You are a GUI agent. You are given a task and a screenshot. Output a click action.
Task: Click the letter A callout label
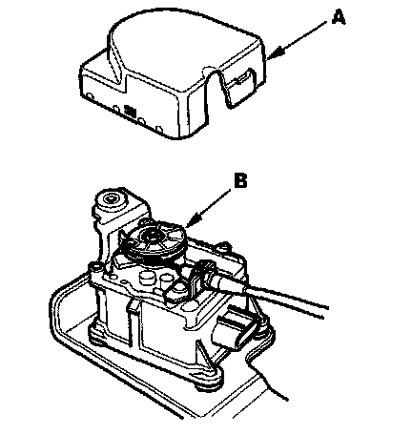click(338, 17)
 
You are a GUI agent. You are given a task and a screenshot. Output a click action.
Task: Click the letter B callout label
click(240, 180)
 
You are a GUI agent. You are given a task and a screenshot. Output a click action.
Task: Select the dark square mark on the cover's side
click(130, 111)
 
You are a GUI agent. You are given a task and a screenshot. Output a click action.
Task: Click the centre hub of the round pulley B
click(151, 237)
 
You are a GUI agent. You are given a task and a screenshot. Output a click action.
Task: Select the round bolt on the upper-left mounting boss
click(113, 201)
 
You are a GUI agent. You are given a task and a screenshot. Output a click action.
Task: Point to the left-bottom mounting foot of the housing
click(98, 335)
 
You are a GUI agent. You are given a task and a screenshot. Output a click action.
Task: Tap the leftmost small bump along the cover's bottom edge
click(90, 95)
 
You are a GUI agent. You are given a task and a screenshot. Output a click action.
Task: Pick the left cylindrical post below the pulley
click(146, 277)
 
